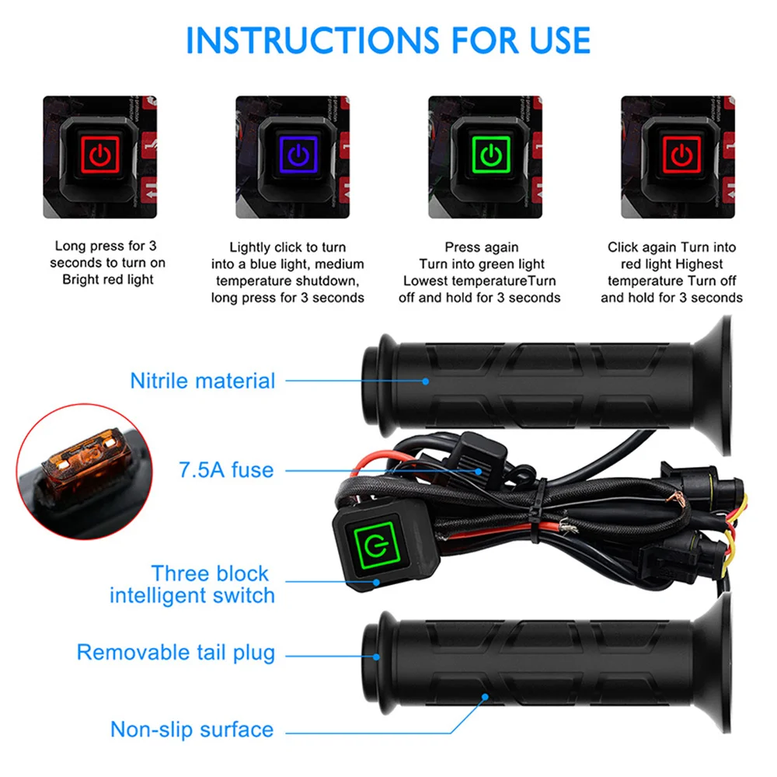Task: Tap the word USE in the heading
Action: [x=552, y=40]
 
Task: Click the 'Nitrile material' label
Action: [x=203, y=381]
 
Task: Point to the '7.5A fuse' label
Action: [x=226, y=469]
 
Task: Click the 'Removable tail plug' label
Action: [x=176, y=652]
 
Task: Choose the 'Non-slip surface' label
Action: [x=192, y=730]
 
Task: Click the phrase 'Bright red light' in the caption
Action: [x=108, y=280]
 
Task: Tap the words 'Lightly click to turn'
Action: [x=287, y=247]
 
